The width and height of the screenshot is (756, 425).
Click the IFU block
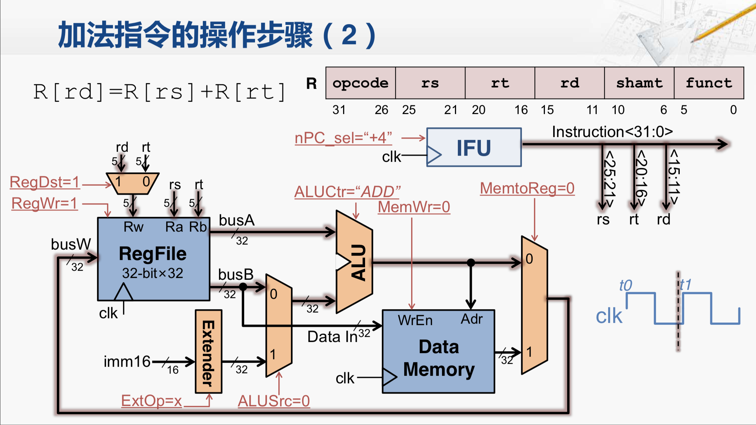point(474,147)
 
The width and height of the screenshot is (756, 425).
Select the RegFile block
point(153,259)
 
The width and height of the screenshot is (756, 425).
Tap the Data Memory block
point(438,358)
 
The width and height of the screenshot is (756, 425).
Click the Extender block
point(209,352)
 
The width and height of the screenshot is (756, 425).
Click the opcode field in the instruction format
point(360,83)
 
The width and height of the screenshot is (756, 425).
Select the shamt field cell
point(639,83)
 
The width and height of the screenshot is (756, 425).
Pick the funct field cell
point(709,83)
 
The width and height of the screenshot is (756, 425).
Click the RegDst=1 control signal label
point(45,182)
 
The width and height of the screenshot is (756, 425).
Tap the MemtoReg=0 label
point(527,188)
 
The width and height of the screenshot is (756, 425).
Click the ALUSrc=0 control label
point(274,401)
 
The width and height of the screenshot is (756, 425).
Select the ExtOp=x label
point(151,401)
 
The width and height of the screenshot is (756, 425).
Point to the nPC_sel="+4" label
point(343,138)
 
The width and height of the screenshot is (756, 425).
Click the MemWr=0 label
point(414,207)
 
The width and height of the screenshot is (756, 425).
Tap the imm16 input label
point(127,361)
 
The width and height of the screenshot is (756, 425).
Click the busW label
point(71,244)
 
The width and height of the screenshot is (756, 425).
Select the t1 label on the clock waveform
point(686,285)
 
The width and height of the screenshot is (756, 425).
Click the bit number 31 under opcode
point(339,110)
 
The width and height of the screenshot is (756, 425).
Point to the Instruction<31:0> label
point(612,132)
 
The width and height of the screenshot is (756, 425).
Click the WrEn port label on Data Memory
point(415,320)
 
